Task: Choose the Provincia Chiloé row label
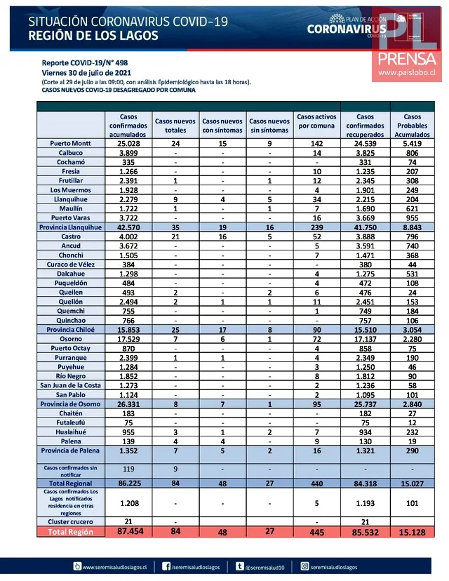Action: (x=71, y=329)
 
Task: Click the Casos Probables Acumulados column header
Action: (x=413, y=125)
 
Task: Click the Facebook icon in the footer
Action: (x=166, y=566)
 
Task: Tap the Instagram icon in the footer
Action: (x=305, y=566)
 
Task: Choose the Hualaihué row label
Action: (x=70, y=433)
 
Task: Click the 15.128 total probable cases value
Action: (x=413, y=532)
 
